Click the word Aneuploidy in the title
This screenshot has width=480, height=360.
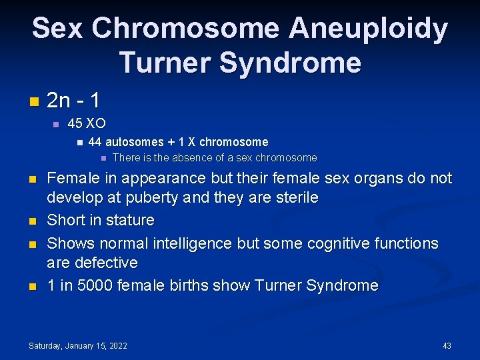(368, 28)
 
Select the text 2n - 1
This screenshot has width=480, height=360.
(73, 101)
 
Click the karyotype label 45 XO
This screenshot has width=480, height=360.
(87, 124)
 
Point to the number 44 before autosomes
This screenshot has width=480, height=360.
(95, 142)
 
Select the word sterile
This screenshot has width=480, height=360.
(294, 199)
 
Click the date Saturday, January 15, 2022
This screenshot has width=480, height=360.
(78, 345)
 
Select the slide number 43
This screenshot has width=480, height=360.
(447, 345)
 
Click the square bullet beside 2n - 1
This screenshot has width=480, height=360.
(33, 102)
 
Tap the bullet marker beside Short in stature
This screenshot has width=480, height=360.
(33, 221)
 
